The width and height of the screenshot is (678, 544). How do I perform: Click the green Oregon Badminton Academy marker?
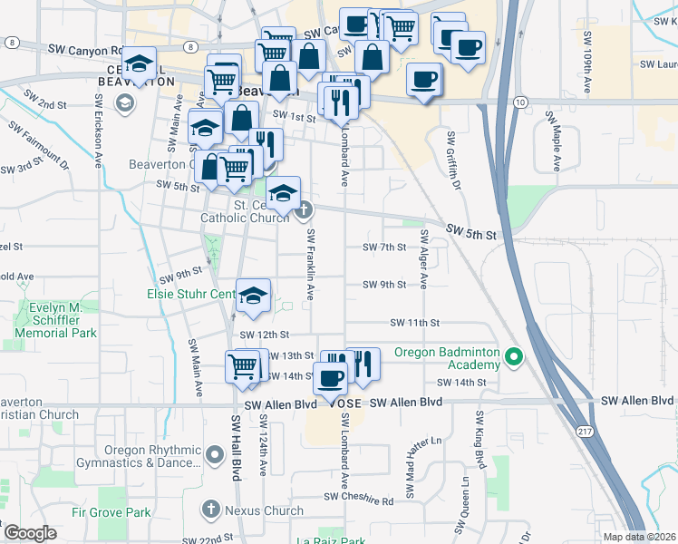coord(515,355)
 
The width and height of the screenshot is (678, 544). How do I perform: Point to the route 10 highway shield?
coord(518,104)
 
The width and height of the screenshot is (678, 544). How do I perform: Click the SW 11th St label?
coord(414,323)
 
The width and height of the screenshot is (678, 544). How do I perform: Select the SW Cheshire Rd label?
coord(359,500)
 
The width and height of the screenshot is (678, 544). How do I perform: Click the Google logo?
coord(29,533)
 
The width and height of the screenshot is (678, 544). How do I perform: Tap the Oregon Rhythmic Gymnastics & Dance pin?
coord(215,453)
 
